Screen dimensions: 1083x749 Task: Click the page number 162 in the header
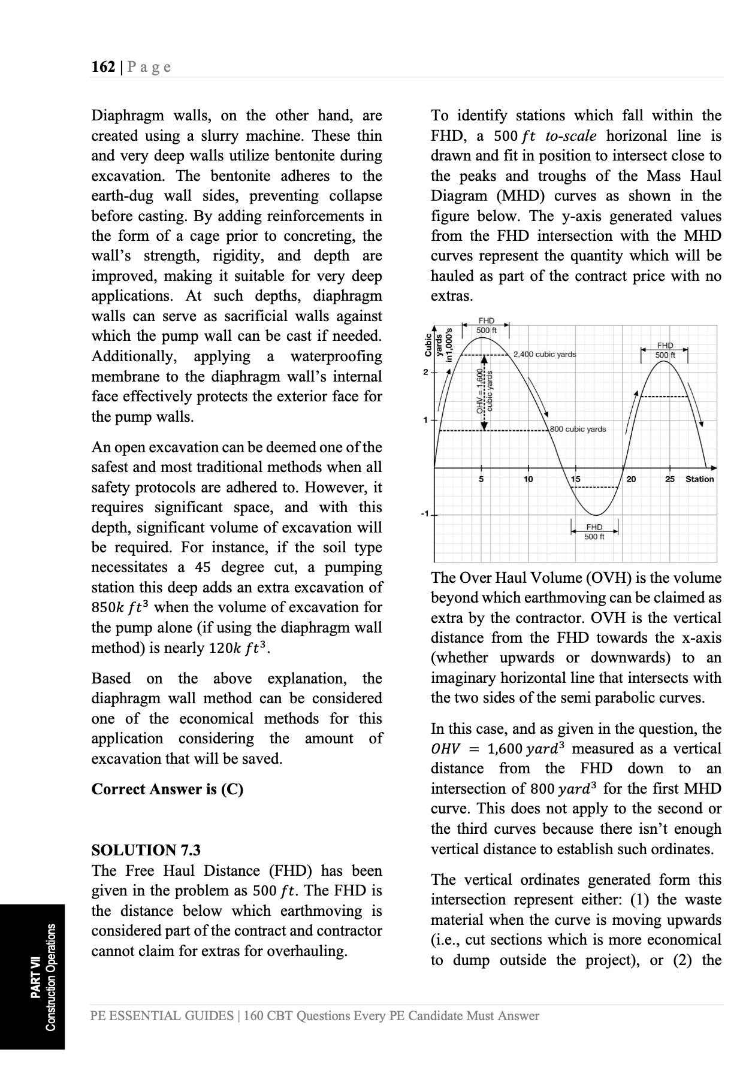point(103,66)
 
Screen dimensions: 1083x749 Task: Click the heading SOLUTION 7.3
point(146,850)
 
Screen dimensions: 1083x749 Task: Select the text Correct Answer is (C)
point(167,789)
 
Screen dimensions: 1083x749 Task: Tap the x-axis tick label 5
point(481,479)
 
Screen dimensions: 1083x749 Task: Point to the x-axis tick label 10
point(528,479)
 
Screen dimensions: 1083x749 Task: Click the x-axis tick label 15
point(575,479)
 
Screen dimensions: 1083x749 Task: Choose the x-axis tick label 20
point(632,479)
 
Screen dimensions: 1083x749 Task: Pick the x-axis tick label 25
point(670,479)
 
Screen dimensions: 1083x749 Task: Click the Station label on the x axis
point(699,479)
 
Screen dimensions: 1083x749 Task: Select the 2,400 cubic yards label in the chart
point(545,354)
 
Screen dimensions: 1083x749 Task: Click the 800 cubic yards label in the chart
point(578,429)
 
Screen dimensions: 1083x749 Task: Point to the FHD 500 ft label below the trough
point(594,531)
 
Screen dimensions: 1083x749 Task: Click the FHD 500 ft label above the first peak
point(486,326)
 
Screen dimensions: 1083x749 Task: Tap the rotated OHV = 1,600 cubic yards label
point(484,392)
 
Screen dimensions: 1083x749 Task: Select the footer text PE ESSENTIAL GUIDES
point(162,1016)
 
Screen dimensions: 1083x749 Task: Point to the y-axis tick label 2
point(425,373)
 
